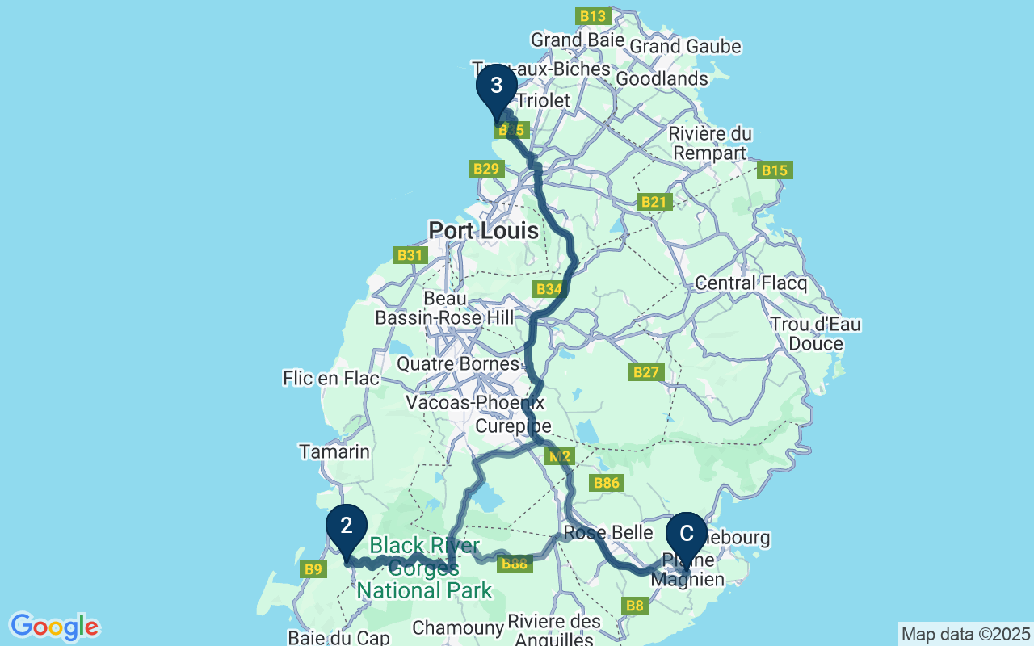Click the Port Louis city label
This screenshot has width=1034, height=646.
tap(483, 231)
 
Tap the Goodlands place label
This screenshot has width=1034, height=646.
tap(662, 79)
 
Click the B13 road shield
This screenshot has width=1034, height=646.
tap(592, 16)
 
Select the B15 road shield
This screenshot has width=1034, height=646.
tap(775, 170)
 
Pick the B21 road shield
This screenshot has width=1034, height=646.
tap(654, 202)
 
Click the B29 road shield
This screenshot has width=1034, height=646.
tap(486, 169)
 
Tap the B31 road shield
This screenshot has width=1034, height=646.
tap(410, 255)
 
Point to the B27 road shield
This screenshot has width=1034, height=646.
tap(646, 372)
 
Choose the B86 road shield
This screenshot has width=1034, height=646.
tap(607, 483)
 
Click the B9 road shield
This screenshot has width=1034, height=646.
tap(313, 569)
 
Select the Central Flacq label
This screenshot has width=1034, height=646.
tap(751, 283)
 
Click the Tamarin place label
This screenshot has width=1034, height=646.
tap(334, 452)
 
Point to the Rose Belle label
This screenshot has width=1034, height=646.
tap(608, 533)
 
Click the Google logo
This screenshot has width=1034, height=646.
tap(54, 627)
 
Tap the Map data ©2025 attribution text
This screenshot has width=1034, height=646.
tap(966, 634)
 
